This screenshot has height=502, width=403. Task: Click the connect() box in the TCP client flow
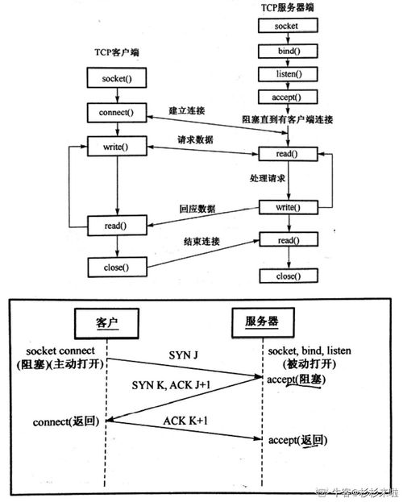coord(118,112)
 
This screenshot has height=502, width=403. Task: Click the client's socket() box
coord(118,78)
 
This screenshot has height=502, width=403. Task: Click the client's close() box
coord(118,265)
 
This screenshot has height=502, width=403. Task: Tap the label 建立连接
coord(185,110)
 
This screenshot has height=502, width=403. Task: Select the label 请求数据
coord(196,139)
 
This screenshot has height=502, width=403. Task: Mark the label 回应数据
coord(196,210)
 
